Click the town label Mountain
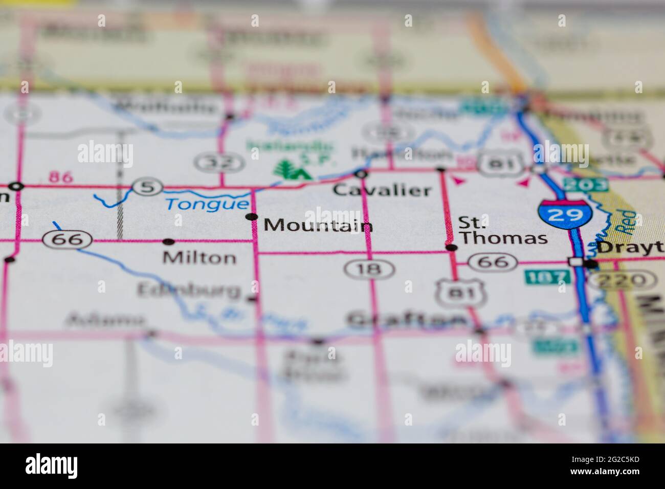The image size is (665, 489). tap(318, 226)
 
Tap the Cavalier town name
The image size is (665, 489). tap(382, 191)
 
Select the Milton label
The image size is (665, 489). tap(199, 257)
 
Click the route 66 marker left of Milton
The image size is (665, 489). tap(68, 239)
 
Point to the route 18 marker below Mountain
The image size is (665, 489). tap(370, 268)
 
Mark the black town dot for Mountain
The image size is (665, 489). tap(252, 217)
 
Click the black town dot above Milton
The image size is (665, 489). tap(169, 241)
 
